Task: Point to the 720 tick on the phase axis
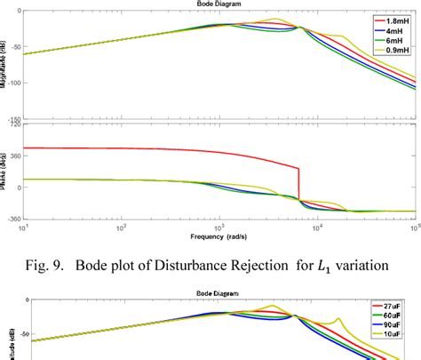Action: tap(14, 125)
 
